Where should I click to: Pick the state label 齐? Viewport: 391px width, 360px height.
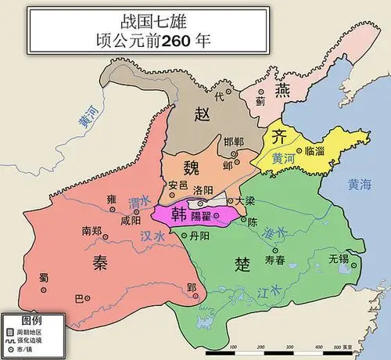point(280,135)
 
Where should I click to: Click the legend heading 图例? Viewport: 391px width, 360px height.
point(31,321)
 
